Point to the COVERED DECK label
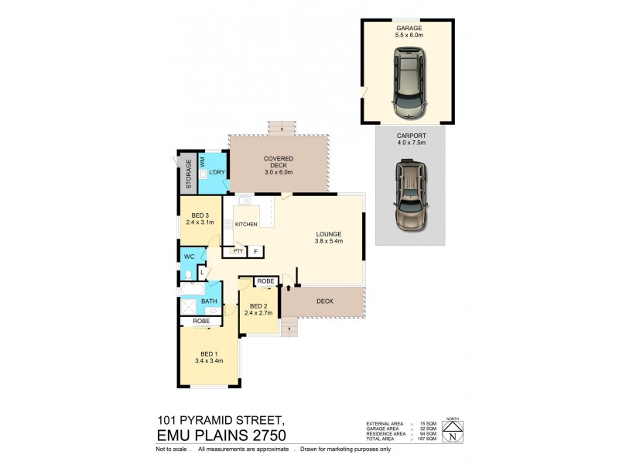pyautogui.click(x=278, y=163)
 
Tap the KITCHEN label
pyautogui.click(x=246, y=225)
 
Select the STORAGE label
pyautogui.click(x=188, y=175)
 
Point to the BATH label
pyautogui.click(x=208, y=301)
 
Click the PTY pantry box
pyautogui.click(x=238, y=251)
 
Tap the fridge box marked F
pyautogui.click(x=256, y=251)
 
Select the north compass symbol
pyautogui.click(x=451, y=436)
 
